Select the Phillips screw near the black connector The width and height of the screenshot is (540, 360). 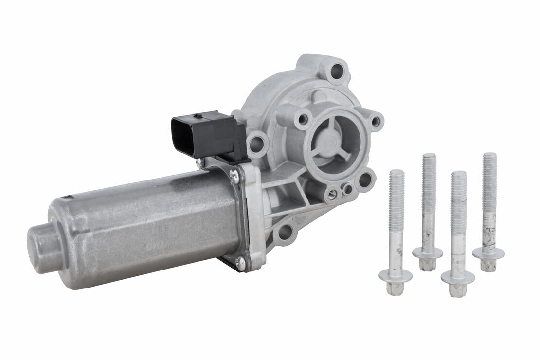pyautogui.click(x=234, y=176)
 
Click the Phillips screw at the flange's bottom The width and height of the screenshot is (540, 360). pyautogui.click(x=241, y=264)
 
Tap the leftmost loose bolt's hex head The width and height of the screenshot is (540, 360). pyautogui.click(x=395, y=288)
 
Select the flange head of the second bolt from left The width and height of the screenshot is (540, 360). pyautogui.click(x=428, y=253)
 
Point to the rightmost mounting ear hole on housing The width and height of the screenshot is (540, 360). pyautogui.click(x=376, y=121)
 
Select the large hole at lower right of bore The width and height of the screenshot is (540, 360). pyautogui.click(x=364, y=180)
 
